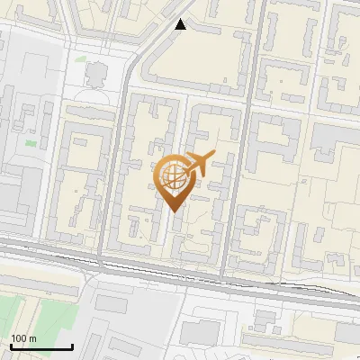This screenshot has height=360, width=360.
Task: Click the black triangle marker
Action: click(x=181, y=24)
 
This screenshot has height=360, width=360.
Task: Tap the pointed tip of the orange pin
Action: click(x=174, y=212)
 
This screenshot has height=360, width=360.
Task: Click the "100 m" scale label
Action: click(x=24, y=338)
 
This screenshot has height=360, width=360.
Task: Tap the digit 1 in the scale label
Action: click(x=13, y=338)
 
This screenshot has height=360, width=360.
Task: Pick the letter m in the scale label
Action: click(x=32, y=338)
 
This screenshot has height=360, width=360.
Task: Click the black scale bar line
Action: click(x=40, y=346)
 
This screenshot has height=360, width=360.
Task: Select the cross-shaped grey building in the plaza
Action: click(x=94, y=73)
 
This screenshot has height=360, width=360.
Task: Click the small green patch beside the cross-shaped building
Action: click(x=80, y=59)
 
